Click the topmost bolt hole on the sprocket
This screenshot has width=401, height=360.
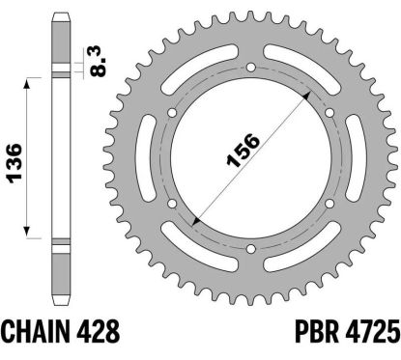coord(250,69)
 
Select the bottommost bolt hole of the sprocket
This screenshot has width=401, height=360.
coord(250,251)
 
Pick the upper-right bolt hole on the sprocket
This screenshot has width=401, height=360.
coord(329,114)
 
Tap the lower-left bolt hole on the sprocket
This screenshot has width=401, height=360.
coord(172,206)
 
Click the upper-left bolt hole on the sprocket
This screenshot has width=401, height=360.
coord(172,114)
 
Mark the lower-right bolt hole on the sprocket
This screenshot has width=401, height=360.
coord(329,206)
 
